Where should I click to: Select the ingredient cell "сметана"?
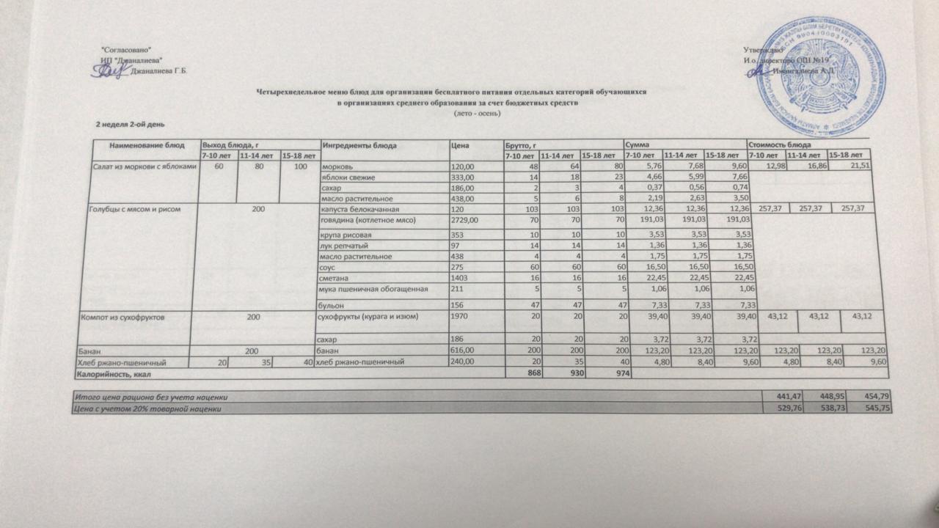tap(337, 278)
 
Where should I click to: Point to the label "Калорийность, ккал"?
tap(113, 373)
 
